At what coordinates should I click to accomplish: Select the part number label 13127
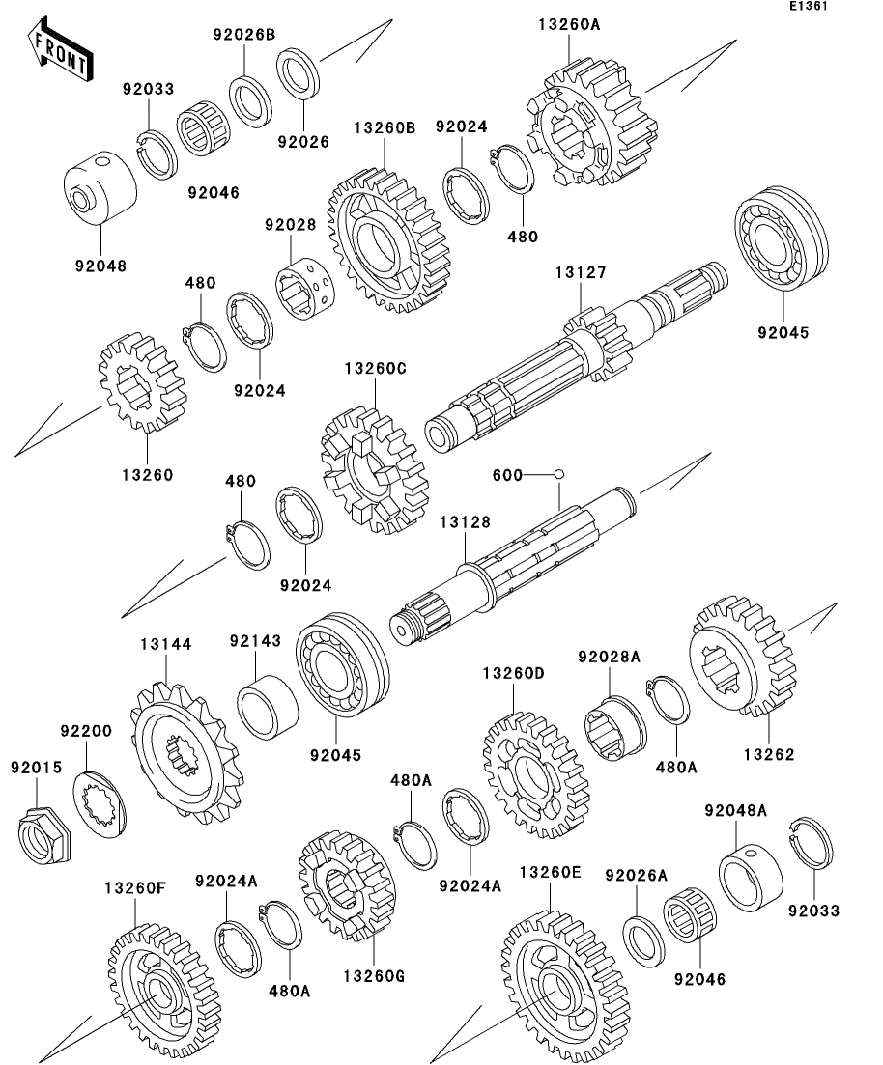click(580, 274)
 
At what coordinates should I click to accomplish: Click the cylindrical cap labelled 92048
click(100, 190)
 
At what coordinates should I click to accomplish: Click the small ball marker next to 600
click(558, 475)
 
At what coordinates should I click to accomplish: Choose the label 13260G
click(373, 975)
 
